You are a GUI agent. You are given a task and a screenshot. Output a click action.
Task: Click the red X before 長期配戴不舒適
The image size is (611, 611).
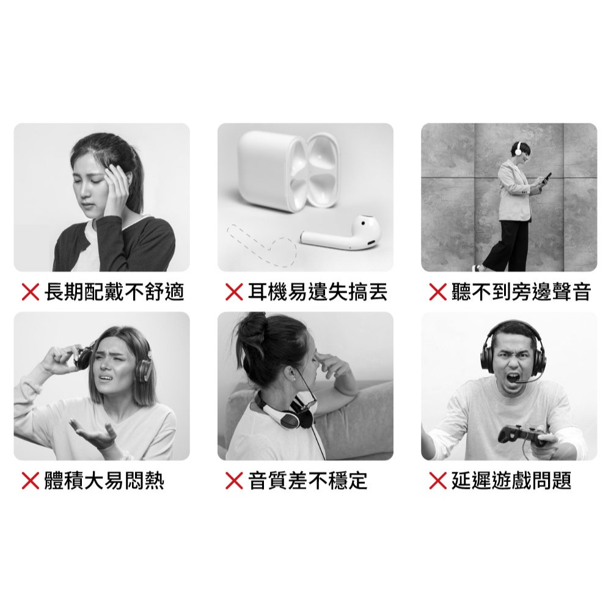coord(31,292)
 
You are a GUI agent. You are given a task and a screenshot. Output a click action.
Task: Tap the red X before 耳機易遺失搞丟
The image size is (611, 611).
coord(234,292)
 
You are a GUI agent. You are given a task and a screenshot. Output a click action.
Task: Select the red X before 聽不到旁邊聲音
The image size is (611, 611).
coord(437,292)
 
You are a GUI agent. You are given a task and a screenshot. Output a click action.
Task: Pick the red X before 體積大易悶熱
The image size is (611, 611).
coord(31,480)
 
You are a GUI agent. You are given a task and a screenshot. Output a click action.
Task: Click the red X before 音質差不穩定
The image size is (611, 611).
coord(234,480)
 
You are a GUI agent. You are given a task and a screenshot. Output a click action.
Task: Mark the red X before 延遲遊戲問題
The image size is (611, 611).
coord(437,480)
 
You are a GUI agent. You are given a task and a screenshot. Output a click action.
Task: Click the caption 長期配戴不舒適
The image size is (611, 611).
coord(114,292)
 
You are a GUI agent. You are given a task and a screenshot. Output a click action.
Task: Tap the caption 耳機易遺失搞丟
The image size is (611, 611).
coord(318,292)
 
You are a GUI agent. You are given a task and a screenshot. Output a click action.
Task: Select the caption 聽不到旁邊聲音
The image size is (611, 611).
coord(521,292)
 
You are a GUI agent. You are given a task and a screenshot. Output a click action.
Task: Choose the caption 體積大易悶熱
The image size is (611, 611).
coord(104,480)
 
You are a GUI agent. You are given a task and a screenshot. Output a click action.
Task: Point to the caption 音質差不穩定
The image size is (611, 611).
coord(308,480)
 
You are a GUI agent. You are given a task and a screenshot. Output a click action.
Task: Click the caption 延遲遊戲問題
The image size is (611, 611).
coord(511,480)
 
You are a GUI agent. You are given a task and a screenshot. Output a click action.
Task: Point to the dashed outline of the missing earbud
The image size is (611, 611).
coord(261,246)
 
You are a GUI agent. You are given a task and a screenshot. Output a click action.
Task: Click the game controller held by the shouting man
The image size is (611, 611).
coord(522,435)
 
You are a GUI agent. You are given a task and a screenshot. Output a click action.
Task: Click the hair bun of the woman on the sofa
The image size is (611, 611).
coord(252,326)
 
